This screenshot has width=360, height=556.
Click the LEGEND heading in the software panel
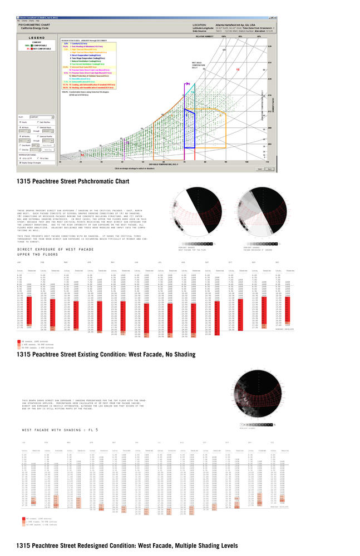click(36, 37)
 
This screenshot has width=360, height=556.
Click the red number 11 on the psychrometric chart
click(238, 69)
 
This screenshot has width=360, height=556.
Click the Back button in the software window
click(260, 168)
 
